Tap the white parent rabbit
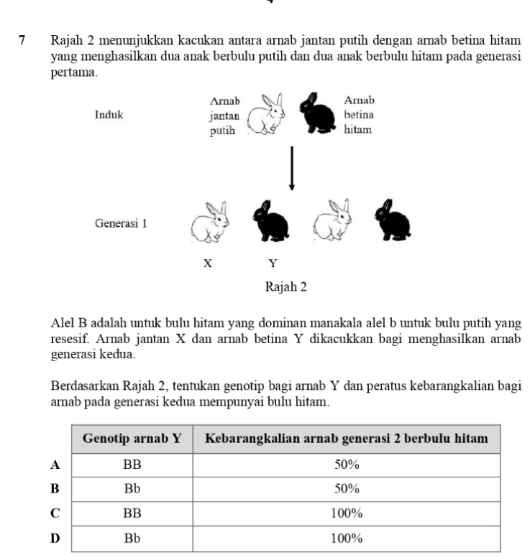coord(265,114)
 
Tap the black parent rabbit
coord(319,114)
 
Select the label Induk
coord(109,114)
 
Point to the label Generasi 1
coord(121,223)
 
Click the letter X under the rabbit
coord(207,263)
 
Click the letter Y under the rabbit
coord(273,263)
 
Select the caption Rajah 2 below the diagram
coord(285,286)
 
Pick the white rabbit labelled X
coord(209,220)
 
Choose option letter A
coord(54,464)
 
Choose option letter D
coord(54,538)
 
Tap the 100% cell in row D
coord(347,538)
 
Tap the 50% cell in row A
coord(347,464)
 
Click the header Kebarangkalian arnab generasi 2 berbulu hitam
coord(347,439)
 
